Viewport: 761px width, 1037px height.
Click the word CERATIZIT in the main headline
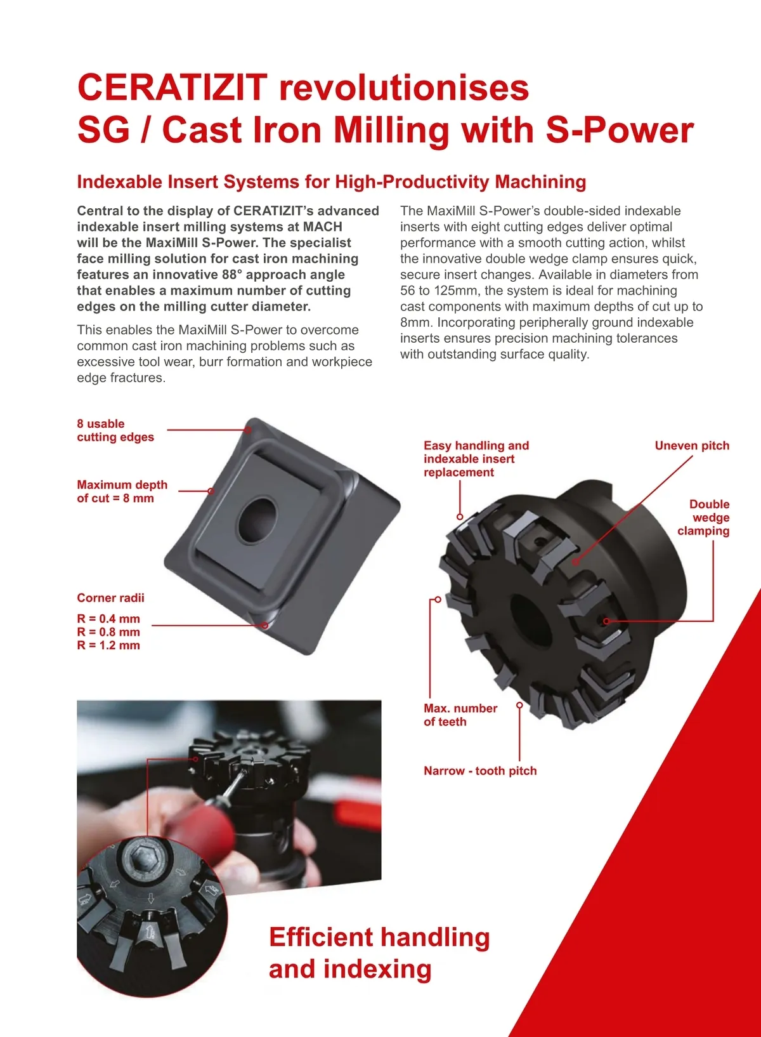[172, 88]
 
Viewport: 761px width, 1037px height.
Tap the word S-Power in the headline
[620, 130]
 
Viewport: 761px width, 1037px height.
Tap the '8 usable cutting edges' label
[115, 430]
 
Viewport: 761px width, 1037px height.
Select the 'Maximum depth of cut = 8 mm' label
[122, 491]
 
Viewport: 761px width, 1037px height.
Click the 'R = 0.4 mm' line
[108, 619]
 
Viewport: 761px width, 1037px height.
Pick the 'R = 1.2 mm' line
[108, 645]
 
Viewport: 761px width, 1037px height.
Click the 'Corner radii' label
[110, 598]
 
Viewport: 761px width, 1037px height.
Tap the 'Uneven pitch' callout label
[692, 446]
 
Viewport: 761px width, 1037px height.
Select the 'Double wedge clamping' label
[704, 518]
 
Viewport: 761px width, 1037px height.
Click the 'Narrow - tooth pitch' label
[480, 771]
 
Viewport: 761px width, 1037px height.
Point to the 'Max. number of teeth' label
[460, 715]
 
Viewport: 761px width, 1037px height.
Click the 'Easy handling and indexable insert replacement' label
[476, 459]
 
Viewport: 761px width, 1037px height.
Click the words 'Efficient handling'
[379, 938]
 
